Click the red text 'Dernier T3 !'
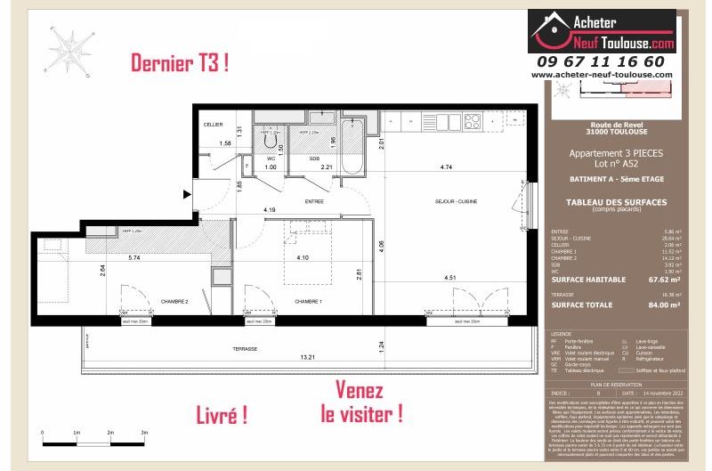pyautogui.click(x=181, y=63)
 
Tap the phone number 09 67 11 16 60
pyautogui.click(x=601, y=61)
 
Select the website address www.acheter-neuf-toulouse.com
pyautogui.click(x=601, y=75)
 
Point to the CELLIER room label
pyautogui.click(x=213, y=125)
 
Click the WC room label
pyautogui.click(x=271, y=158)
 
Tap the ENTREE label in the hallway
pyautogui.click(x=313, y=202)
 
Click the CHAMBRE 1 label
pyautogui.click(x=309, y=301)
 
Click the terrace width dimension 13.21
pyautogui.click(x=308, y=357)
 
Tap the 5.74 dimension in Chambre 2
pyautogui.click(x=133, y=258)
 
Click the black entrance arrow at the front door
pyautogui.click(x=186, y=192)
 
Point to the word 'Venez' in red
pyautogui.click(x=360, y=390)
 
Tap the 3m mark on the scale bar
pyautogui.click(x=144, y=431)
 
